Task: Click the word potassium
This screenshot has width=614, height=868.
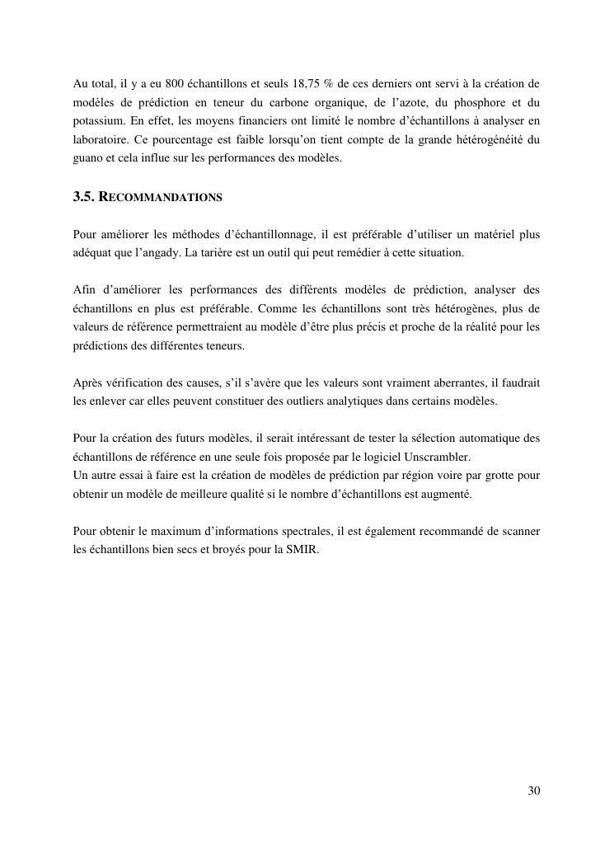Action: (97, 121)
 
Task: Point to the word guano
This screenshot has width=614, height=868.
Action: (88, 159)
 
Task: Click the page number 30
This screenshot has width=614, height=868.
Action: (533, 791)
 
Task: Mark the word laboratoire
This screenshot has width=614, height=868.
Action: (101, 140)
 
